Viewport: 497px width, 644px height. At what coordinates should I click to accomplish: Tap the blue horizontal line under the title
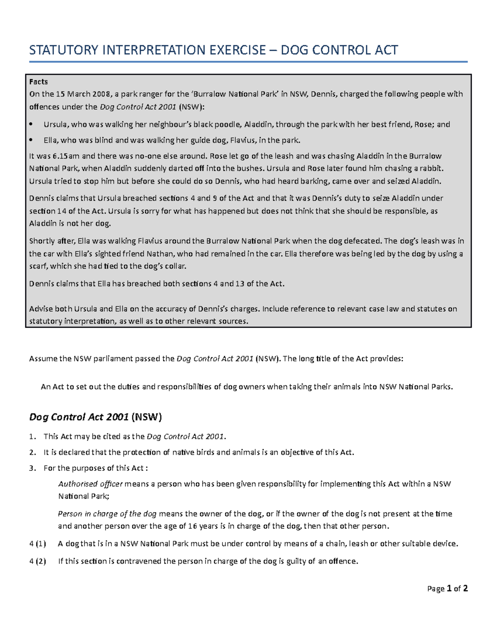[x=248, y=62]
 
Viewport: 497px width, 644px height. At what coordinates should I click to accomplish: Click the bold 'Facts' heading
[x=39, y=82]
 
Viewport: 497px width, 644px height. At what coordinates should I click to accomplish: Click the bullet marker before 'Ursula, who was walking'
[x=31, y=124]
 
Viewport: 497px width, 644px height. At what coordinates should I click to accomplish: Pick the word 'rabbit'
[x=430, y=169]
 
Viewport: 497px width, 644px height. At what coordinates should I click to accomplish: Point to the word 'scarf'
[x=38, y=266]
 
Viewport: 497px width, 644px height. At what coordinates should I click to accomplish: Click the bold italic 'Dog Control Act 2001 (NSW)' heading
[x=95, y=417]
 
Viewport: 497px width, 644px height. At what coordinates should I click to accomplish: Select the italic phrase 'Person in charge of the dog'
[x=107, y=514]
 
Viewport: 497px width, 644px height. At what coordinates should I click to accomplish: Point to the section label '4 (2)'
[x=38, y=561]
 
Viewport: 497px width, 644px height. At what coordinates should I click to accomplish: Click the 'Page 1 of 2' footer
[x=447, y=588]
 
